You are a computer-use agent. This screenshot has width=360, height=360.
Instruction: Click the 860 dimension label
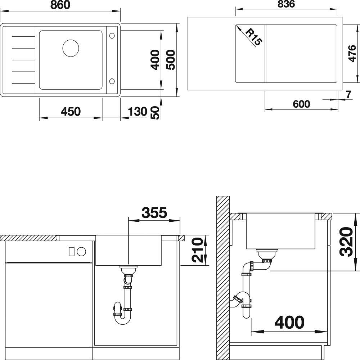(60, 5)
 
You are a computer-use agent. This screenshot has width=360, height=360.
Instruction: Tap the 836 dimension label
(286, 4)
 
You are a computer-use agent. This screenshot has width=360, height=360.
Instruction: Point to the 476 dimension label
(352, 54)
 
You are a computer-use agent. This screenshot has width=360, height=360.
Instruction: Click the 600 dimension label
(301, 104)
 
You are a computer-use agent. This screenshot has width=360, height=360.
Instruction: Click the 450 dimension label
(71, 112)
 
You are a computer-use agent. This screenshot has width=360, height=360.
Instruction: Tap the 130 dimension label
(137, 112)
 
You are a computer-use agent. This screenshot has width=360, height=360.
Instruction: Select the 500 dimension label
(171, 60)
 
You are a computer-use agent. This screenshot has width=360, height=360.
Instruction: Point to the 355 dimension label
(154, 213)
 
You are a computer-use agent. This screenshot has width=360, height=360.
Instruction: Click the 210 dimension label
(197, 250)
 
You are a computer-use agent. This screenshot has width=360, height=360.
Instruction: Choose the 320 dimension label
(346, 242)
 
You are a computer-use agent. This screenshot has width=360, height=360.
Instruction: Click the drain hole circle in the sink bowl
(71, 48)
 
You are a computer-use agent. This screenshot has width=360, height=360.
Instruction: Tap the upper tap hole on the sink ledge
(112, 36)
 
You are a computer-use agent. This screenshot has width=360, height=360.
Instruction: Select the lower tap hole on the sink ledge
(112, 81)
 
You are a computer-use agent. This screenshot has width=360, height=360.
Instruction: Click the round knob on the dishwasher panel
(81, 252)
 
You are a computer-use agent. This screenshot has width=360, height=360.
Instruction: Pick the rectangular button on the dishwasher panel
(71, 252)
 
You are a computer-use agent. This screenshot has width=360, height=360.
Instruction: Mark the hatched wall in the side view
(223, 278)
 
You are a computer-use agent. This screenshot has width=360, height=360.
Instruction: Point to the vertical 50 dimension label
(156, 113)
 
